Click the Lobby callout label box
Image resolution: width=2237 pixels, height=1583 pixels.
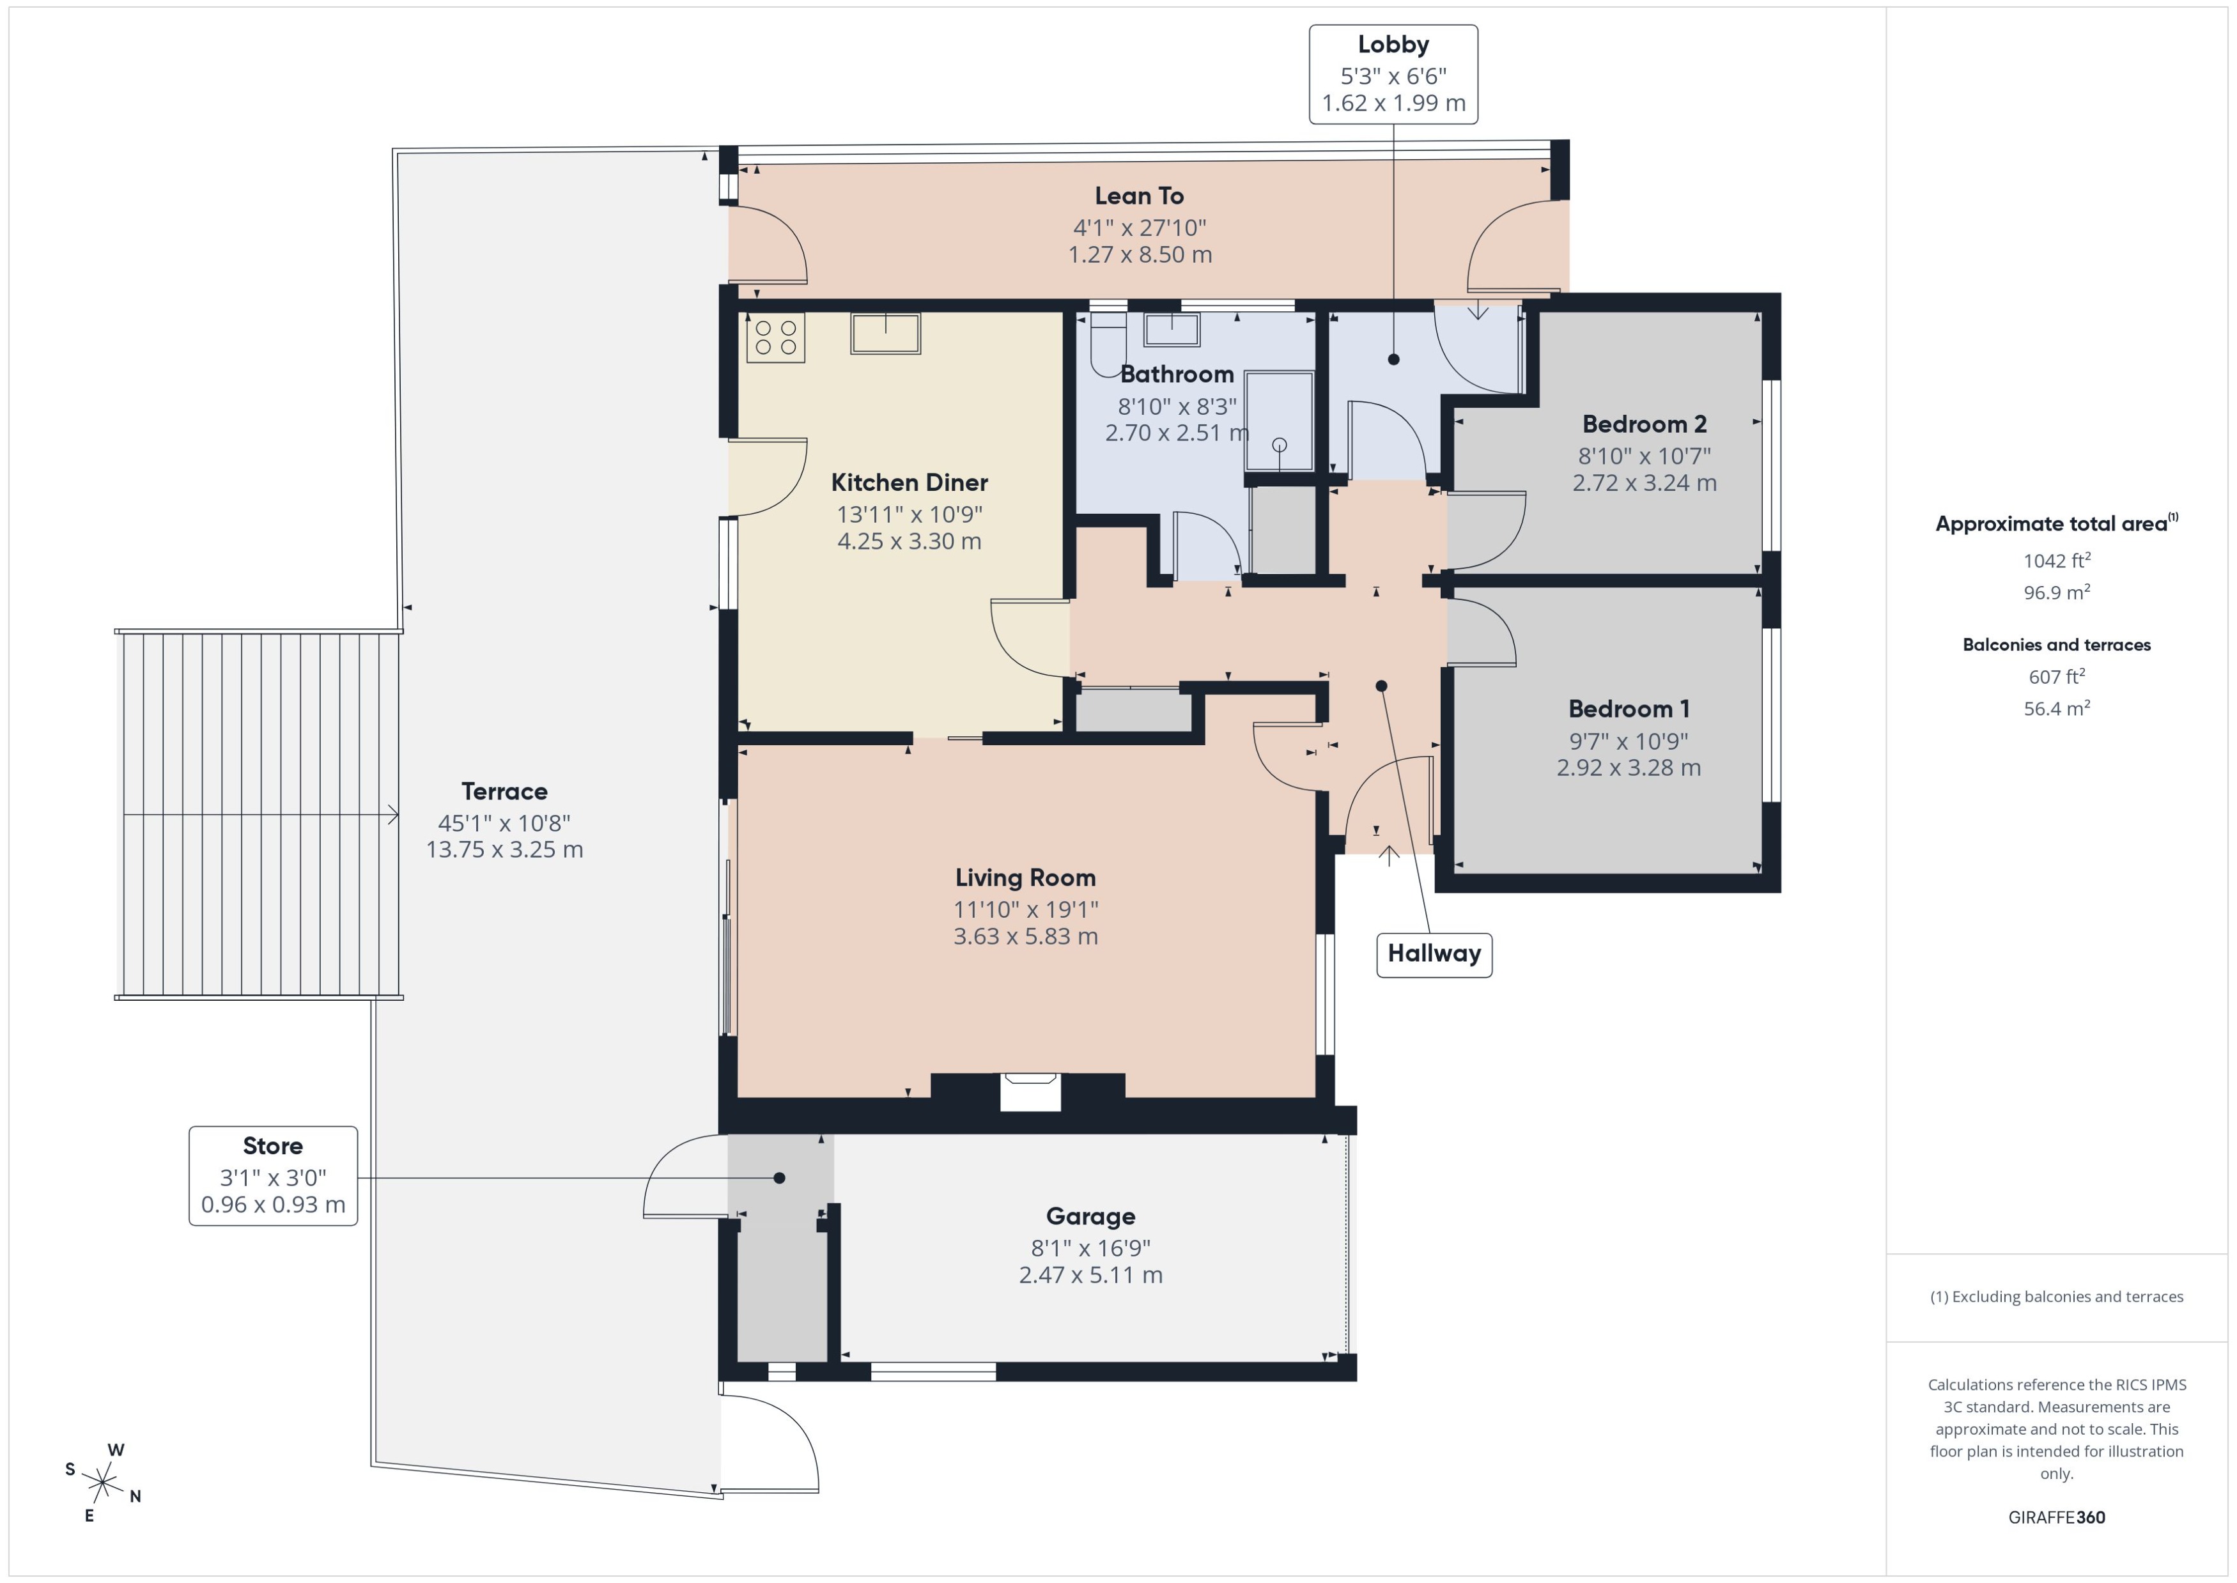1392,74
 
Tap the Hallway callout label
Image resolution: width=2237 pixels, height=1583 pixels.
1433,954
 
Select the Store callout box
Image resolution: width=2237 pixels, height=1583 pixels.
273,1175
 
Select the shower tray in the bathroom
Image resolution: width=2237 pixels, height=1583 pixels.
1279,420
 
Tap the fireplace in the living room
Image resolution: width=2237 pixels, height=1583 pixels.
1030,1091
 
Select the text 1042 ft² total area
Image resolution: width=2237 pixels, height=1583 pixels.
2055,560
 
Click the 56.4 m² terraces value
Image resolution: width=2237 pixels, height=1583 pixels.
2055,709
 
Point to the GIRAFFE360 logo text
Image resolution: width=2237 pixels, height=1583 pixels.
2055,1517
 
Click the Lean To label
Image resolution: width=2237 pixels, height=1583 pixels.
1138,196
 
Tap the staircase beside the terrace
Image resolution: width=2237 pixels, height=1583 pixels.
258,814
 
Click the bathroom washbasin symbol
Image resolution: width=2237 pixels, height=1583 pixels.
1171,330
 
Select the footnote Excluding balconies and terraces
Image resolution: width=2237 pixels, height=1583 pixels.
2055,1297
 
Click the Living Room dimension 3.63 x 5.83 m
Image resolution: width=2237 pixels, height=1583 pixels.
1025,936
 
